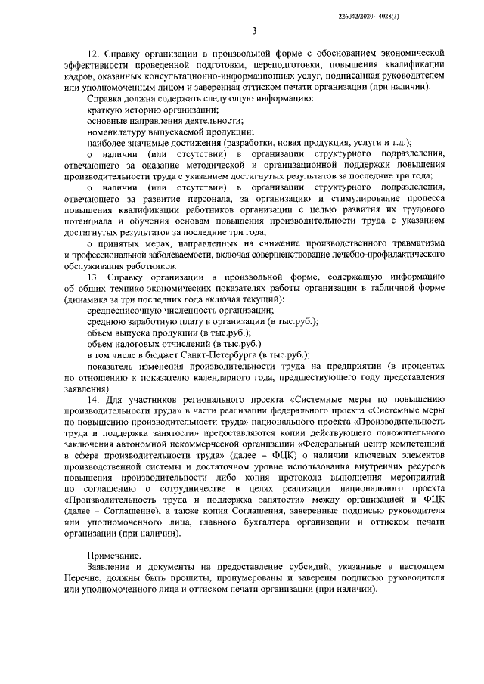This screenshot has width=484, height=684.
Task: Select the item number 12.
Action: click(94, 55)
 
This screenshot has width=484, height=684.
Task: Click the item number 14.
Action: click(94, 398)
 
